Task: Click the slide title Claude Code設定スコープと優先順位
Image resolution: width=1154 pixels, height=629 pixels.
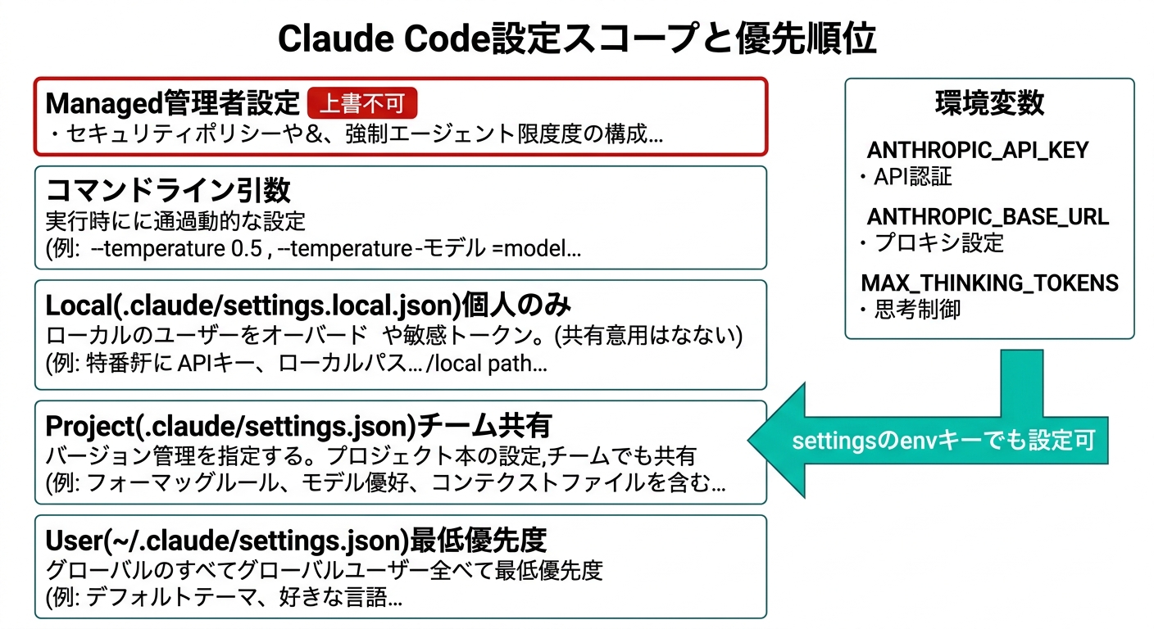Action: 576,38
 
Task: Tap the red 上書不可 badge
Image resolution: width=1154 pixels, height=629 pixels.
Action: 362,104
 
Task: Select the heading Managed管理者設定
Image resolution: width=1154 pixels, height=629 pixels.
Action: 173,104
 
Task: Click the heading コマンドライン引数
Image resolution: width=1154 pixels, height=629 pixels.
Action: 168,190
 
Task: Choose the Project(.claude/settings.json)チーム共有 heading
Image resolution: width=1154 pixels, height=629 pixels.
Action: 298,426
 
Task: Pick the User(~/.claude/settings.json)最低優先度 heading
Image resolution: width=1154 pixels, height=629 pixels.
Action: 296,541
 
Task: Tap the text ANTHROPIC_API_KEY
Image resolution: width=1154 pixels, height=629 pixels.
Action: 978,151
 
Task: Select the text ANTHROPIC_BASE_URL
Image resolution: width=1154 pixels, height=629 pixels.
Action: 988,217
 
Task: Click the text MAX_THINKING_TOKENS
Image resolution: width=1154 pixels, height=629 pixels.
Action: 989,283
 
